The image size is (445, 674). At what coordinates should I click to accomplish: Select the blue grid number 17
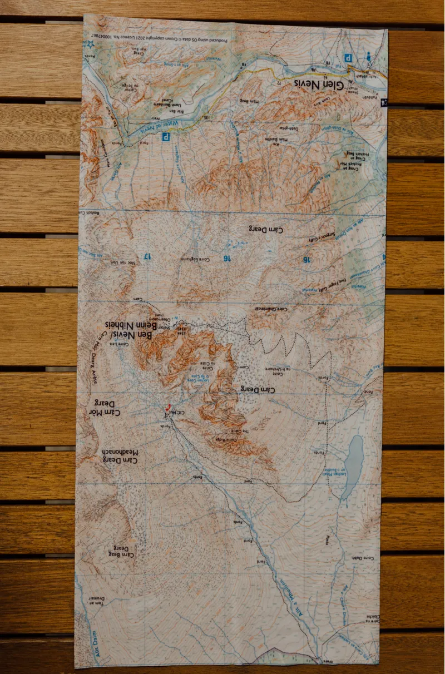coord(146,256)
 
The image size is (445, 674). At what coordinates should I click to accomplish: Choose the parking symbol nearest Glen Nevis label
coord(349,58)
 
